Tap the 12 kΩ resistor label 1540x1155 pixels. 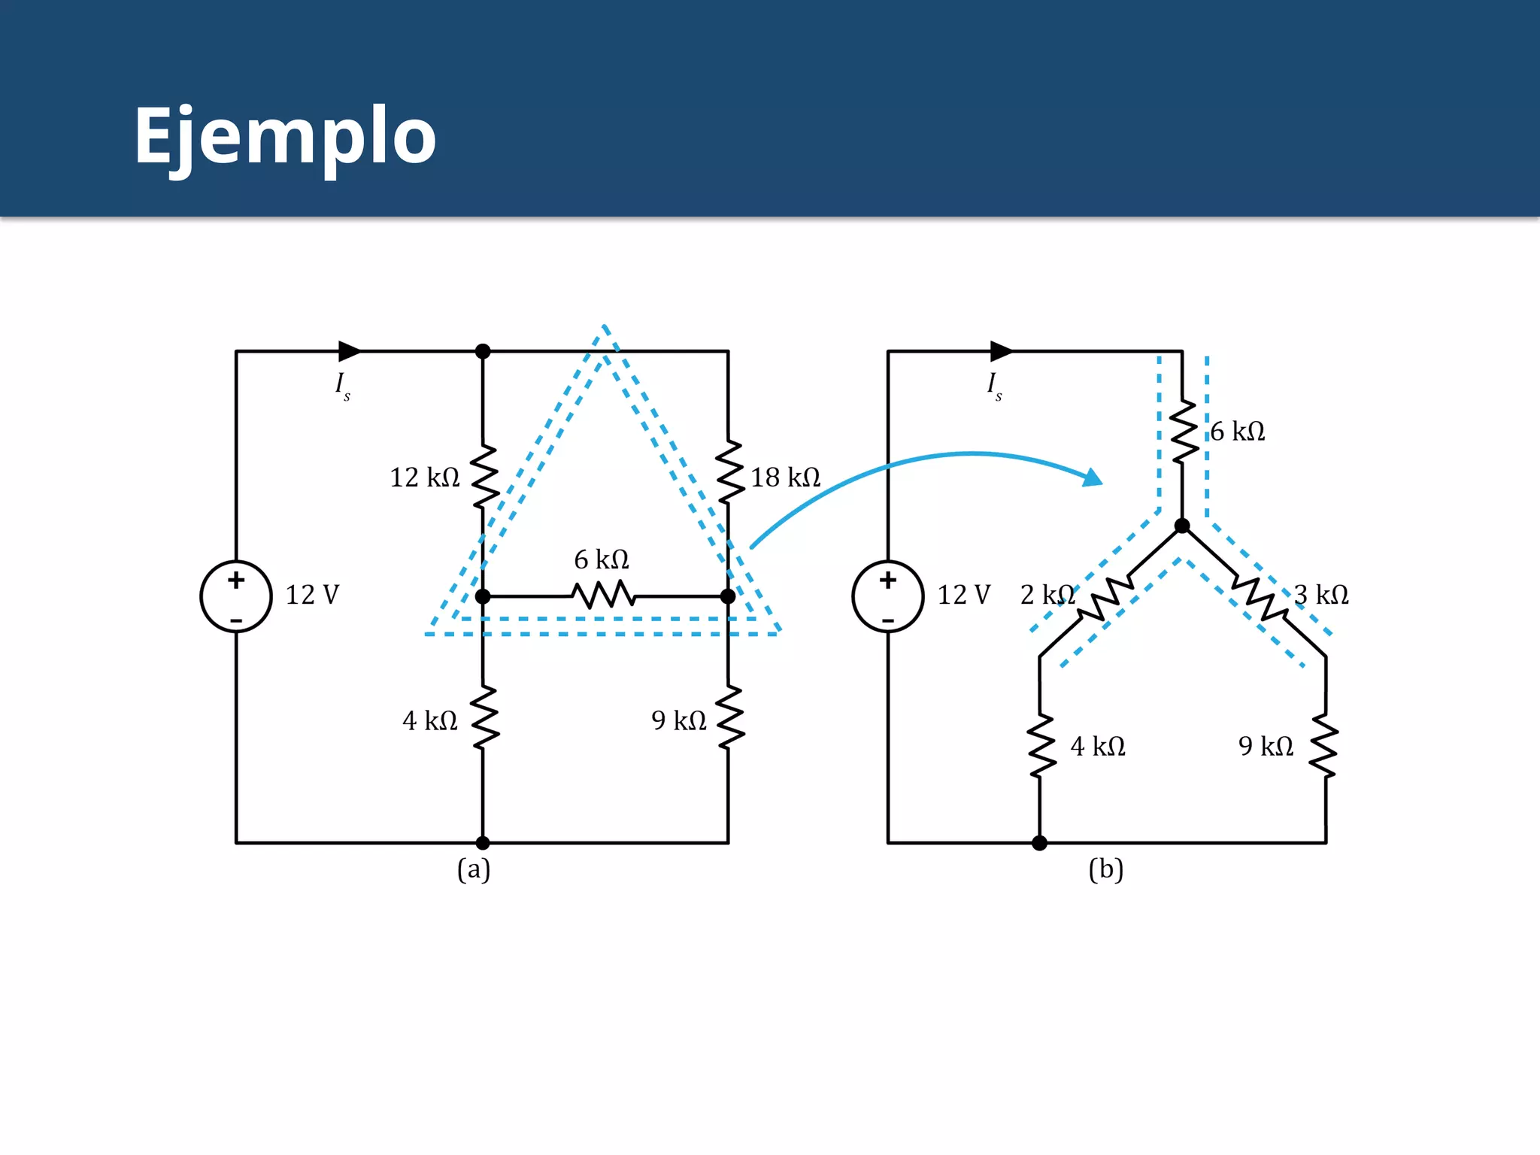pyautogui.click(x=424, y=477)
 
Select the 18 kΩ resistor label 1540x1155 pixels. pyautogui.click(x=785, y=477)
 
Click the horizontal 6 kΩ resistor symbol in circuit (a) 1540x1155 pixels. pyautogui.click(x=603, y=596)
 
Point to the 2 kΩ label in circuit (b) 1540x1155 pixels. pyautogui.click(x=1047, y=595)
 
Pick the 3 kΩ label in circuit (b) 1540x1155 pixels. pyautogui.click(x=1321, y=595)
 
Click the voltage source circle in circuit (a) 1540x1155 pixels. pyautogui.click(x=236, y=596)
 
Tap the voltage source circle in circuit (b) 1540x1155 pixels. pyautogui.click(x=888, y=596)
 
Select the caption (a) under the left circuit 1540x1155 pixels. pyautogui.click(x=474, y=870)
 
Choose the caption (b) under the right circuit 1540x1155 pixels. pyautogui.click(x=1106, y=870)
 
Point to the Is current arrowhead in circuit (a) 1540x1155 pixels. pyautogui.click(x=350, y=351)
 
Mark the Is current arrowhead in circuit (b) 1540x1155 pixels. pyautogui.click(x=1002, y=351)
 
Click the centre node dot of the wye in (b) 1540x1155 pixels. pyautogui.click(x=1182, y=526)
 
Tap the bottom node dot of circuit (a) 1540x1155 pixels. pyautogui.click(x=483, y=843)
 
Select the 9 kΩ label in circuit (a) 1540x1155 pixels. pyautogui.click(x=678, y=721)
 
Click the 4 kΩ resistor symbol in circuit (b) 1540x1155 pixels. pyautogui.click(x=1041, y=746)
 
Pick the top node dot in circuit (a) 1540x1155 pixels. pyautogui.click(x=483, y=351)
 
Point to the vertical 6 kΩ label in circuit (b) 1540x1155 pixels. pyautogui.click(x=1238, y=432)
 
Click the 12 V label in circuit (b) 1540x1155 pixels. pyautogui.click(x=964, y=595)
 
